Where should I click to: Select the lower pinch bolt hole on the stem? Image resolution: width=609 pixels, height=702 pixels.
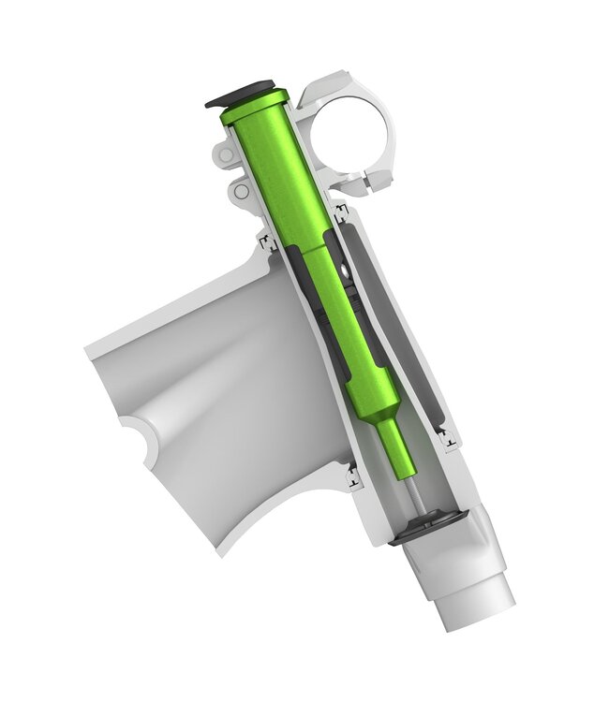tap(242, 191)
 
